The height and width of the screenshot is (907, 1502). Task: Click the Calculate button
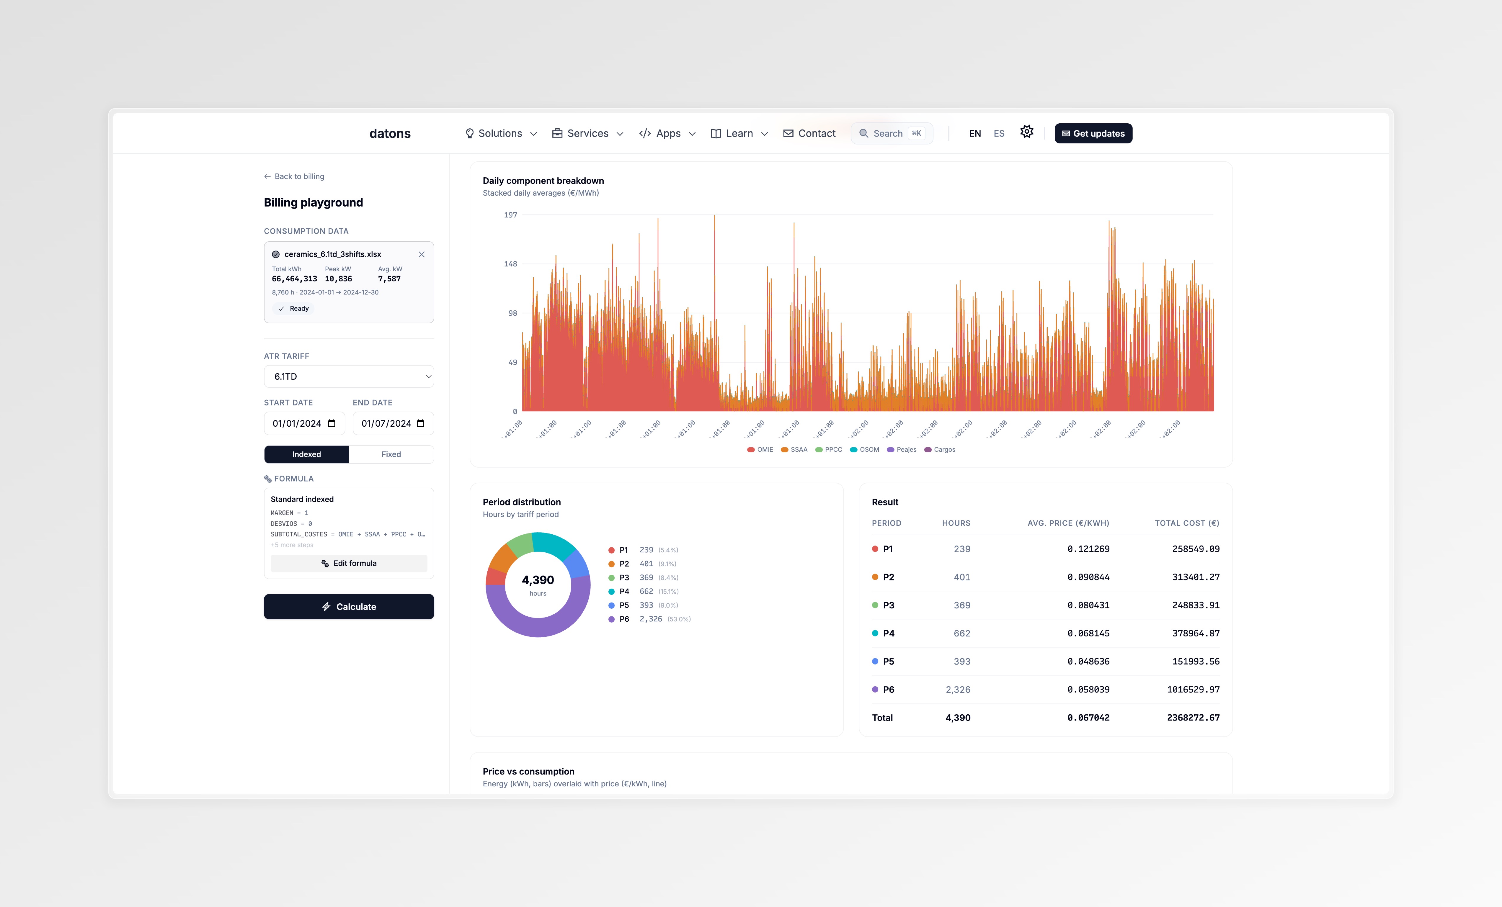[x=349, y=607]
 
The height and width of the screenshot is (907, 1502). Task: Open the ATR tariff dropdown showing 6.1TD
[x=349, y=376]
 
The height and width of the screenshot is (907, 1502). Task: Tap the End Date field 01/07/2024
[x=393, y=423]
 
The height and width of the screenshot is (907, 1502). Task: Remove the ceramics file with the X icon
[x=421, y=255]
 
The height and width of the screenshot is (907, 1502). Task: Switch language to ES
[x=998, y=133]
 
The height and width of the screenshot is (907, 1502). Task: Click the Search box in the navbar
[x=891, y=133]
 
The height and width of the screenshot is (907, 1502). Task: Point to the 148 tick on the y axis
[x=510, y=264]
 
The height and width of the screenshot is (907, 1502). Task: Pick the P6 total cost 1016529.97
[x=1193, y=690]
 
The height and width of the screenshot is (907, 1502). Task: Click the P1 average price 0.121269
[x=1088, y=549]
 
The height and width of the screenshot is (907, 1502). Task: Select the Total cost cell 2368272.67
[x=1193, y=718]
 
